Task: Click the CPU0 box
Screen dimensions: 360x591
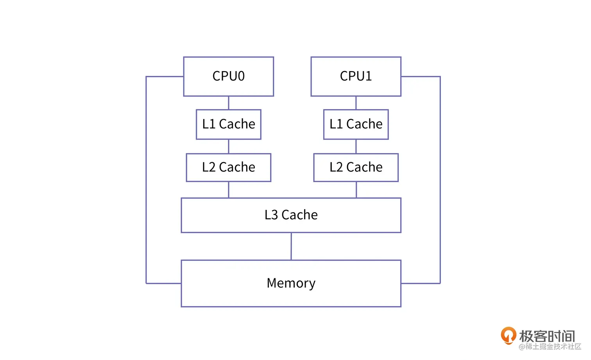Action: tap(228, 77)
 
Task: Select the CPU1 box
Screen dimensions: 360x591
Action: tap(356, 77)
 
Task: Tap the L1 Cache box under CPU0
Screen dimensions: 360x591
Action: tap(228, 124)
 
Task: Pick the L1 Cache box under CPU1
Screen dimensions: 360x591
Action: tap(356, 124)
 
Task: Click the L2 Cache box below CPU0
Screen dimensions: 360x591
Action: tap(228, 167)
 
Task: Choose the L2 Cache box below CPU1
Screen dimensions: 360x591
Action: tap(356, 167)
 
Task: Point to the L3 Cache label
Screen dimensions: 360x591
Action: tap(291, 215)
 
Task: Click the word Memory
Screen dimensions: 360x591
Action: tap(291, 283)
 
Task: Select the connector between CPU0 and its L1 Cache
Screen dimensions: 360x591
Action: tap(228, 103)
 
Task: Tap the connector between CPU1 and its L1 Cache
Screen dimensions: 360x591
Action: tap(356, 103)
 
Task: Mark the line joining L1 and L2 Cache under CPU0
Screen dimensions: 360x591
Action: tap(228, 147)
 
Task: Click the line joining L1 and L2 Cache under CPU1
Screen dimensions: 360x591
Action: tap(356, 147)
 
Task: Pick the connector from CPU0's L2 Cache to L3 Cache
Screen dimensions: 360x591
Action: tap(228, 190)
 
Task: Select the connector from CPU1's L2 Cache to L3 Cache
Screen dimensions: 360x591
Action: tap(356, 190)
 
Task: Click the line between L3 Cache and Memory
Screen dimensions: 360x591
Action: tap(291, 246)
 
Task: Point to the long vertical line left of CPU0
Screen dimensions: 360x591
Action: tap(146, 180)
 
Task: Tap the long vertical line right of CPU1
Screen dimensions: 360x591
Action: tap(440, 180)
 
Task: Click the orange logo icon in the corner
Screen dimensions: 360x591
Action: tap(508, 335)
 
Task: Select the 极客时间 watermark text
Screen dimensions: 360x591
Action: tap(547, 336)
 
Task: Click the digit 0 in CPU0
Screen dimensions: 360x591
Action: tap(241, 76)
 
